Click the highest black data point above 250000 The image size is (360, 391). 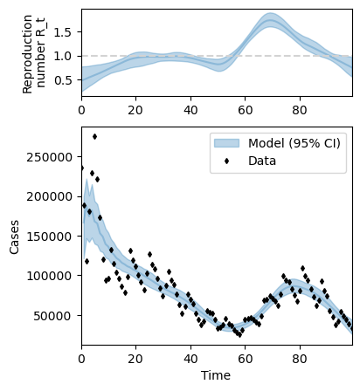[x=94, y=136]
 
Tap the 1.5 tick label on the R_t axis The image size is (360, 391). [x=63, y=32]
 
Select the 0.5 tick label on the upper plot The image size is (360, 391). [x=63, y=80]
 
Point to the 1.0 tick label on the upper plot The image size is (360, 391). [x=63, y=56]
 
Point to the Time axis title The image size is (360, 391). [x=216, y=375]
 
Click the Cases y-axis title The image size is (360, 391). [x=14, y=237]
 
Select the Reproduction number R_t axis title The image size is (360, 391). [x=33, y=54]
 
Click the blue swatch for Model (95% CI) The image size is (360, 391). [x=226, y=143]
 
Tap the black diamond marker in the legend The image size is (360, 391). [x=226, y=161]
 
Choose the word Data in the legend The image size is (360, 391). [x=262, y=161]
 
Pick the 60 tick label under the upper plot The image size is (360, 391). [x=245, y=110]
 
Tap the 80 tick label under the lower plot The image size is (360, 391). [x=300, y=359]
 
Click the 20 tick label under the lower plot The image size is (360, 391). [x=136, y=359]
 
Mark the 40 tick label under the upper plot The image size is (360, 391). [x=190, y=110]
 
